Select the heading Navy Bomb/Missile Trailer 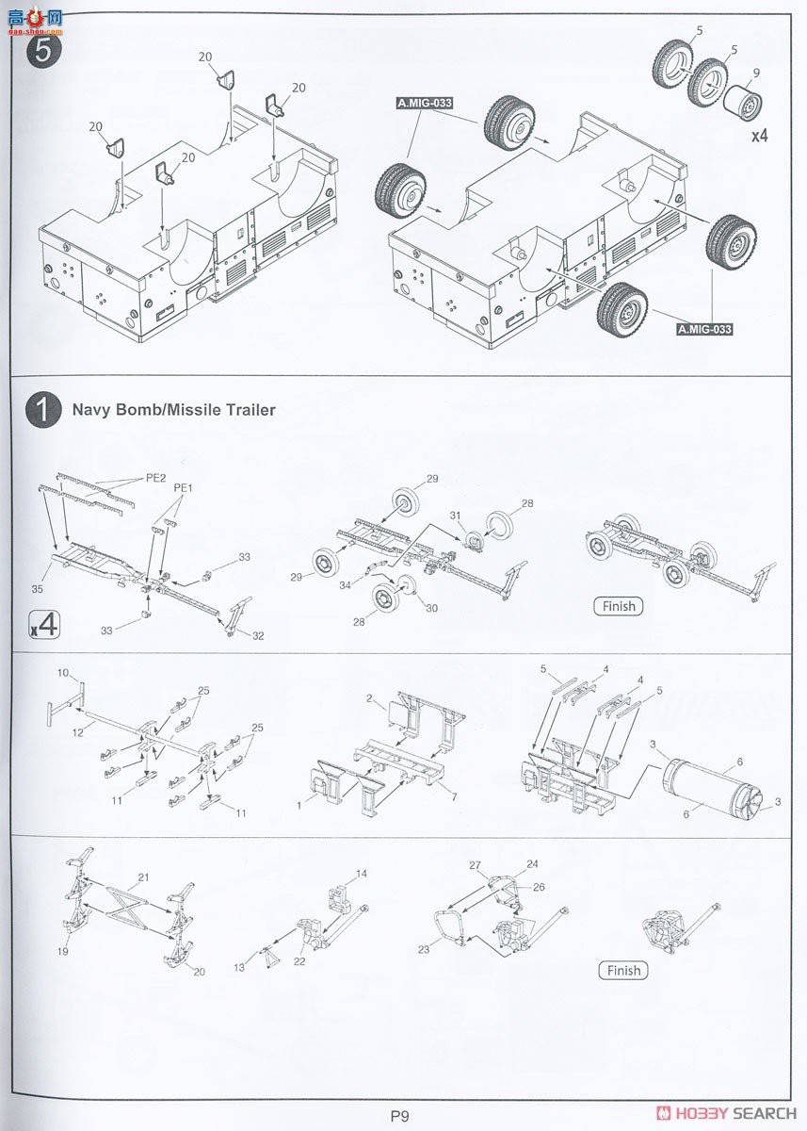pyautogui.click(x=173, y=410)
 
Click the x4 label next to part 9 pyautogui.click(x=759, y=135)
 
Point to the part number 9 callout pyautogui.click(x=755, y=72)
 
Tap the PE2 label pyautogui.click(x=155, y=478)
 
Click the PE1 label pyautogui.click(x=183, y=488)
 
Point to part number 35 pyautogui.click(x=38, y=589)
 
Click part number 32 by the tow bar pyautogui.click(x=257, y=635)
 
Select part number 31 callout pyautogui.click(x=456, y=515)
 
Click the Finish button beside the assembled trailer pyautogui.click(x=617, y=606)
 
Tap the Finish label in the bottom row pyautogui.click(x=622, y=970)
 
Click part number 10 pyautogui.click(x=63, y=673)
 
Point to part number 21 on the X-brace pyautogui.click(x=144, y=877)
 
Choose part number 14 pyautogui.click(x=362, y=874)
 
